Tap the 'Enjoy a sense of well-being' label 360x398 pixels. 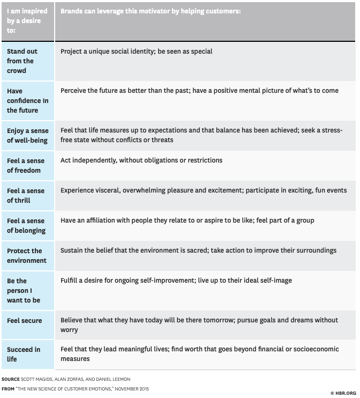pyautogui.click(x=27, y=135)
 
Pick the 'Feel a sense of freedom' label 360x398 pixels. pyautogui.click(x=26, y=165)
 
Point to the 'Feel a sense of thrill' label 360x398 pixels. pyautogui.click(x=26, y=195)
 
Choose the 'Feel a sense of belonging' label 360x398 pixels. pyautogui.click(x=26, y=225)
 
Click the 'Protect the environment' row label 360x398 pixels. pyautogui.click(x=26, y=255)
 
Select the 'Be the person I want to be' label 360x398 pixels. pyautogui.click(x=23, y=290)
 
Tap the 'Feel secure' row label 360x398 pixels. pyautogui.click(x=24, y=320)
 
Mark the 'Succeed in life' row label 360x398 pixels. pyautogui.click(x=24, y=354)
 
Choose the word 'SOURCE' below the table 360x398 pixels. pyautogui.click(x=12, y=379)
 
